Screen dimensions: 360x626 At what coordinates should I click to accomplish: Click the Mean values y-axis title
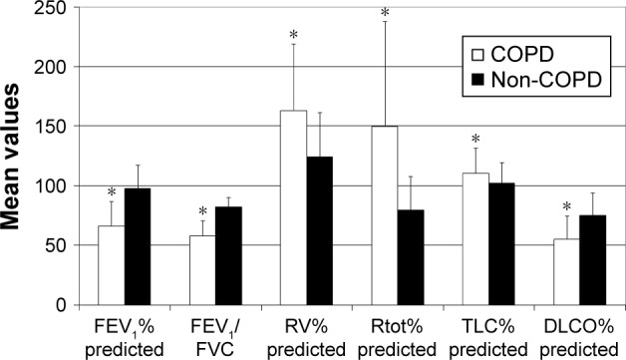click(18, 156)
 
